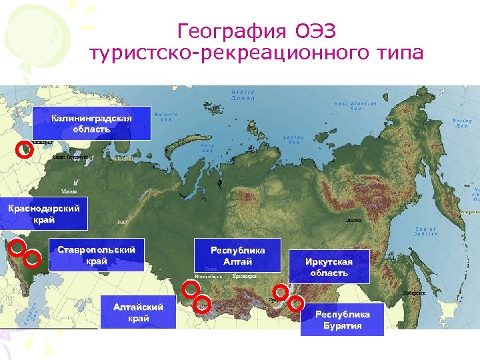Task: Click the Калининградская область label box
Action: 91,123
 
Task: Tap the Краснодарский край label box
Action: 44,214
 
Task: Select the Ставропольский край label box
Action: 97,255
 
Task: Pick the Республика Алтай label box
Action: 238,255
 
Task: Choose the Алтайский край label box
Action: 138,313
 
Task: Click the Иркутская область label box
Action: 329,267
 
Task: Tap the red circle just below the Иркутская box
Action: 281,291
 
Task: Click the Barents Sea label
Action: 163,117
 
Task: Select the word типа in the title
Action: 392,53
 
